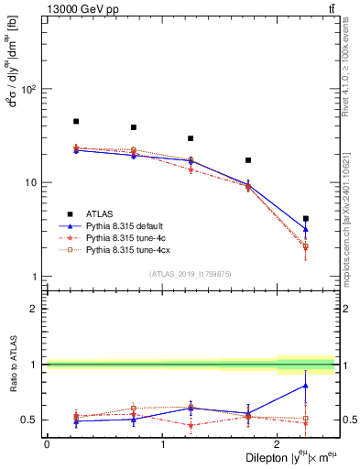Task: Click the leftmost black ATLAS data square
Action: (76, 121)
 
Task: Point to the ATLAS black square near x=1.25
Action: (191, 138)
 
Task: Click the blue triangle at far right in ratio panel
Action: (306, 386)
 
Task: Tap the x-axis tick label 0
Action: (47, 444)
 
